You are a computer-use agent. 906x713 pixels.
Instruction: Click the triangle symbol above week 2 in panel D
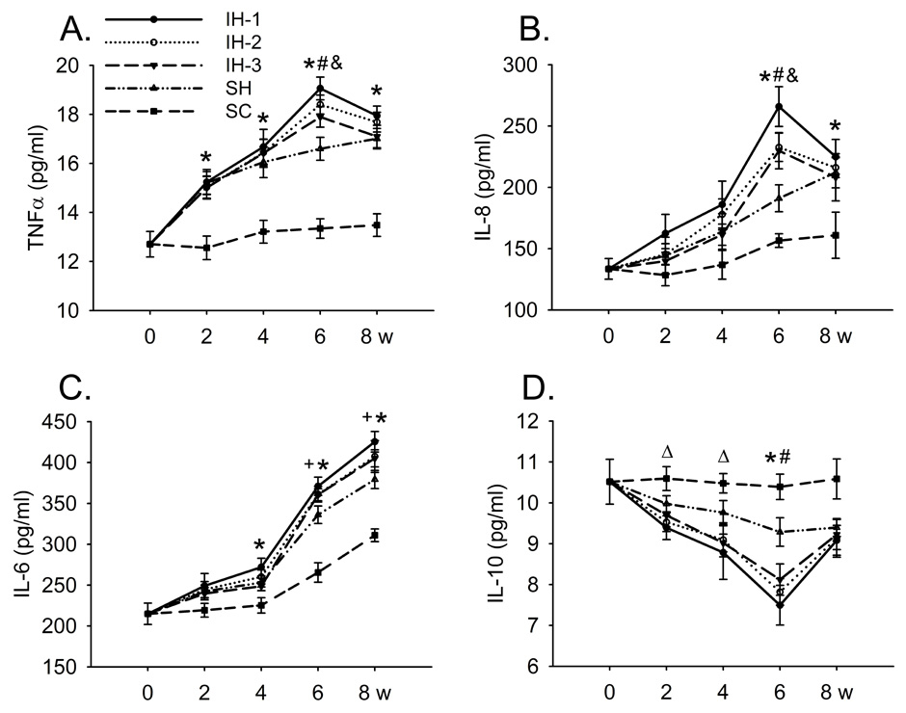click(x=665, y=450)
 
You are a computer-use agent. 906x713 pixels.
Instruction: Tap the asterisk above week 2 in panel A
click(x=204, y=157)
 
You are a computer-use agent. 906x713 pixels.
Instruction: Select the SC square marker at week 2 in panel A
click(x=204, y=248)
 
